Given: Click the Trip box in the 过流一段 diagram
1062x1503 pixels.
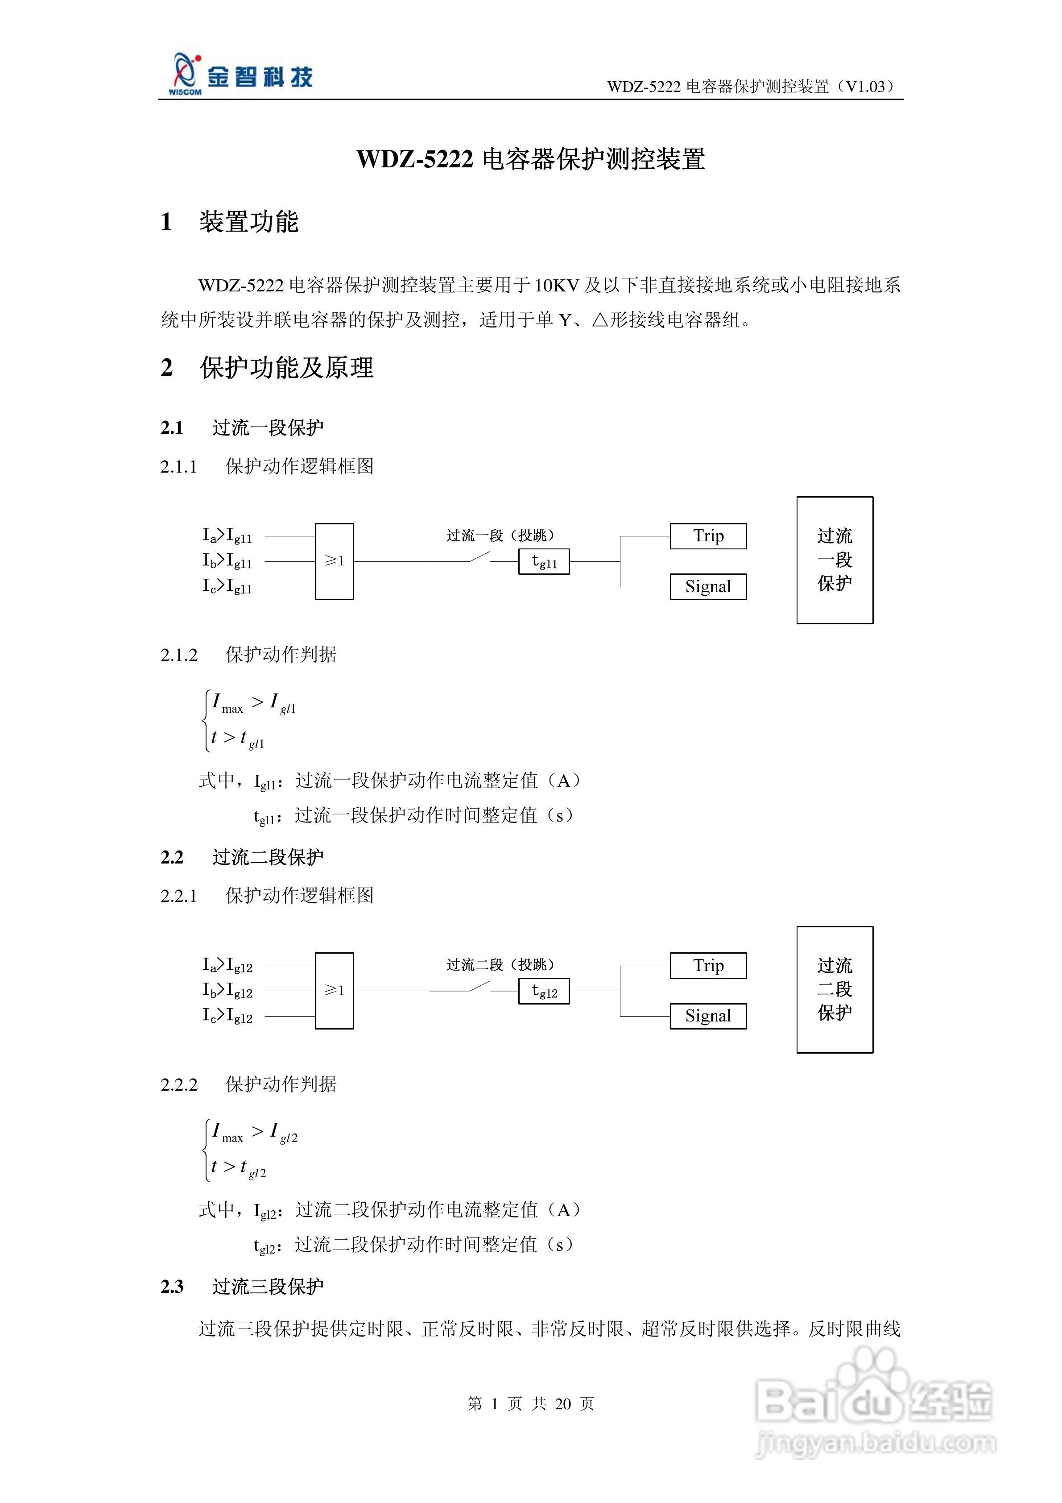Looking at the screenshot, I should tap(708, 536).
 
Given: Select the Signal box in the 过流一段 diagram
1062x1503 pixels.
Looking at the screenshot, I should tap(708, 586).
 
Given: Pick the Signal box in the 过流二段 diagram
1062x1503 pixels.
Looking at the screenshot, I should tap(708, 1016).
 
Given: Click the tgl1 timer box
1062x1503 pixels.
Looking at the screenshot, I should tap(544, 562).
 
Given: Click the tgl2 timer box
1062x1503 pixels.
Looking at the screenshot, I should tap(544, 991).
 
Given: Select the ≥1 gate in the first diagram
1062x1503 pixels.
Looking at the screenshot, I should tap(335, 561).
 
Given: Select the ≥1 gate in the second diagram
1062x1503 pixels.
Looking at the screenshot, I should tap(335, 990).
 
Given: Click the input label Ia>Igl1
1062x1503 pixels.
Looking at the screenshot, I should tap(227, 536).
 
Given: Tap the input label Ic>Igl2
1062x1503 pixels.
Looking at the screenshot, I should tap(227, 1016).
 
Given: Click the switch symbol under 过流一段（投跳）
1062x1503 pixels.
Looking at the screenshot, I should tap(479, 558).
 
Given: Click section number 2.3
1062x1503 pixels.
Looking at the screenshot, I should tap(172, 1287).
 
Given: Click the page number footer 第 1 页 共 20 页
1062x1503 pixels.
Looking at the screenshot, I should tap(531, 1403).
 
